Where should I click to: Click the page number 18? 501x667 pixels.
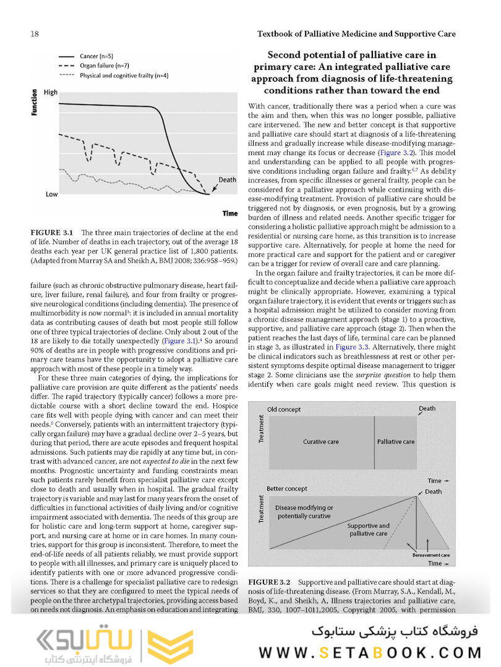(x=34, y=33)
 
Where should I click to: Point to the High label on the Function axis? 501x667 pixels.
(x=51, y=93)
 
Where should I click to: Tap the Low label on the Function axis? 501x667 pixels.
(x=52, y=194)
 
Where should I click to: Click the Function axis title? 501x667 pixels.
(x=34, y=103)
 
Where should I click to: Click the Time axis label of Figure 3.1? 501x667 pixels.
(x=229, y=213)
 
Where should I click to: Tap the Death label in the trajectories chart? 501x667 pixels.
(x=227, y=180)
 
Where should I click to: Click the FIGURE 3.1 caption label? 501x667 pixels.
(x=52, y=233)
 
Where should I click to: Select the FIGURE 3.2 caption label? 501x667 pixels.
(x=269, y=582)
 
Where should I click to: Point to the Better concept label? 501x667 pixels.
(x=288, y=488)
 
